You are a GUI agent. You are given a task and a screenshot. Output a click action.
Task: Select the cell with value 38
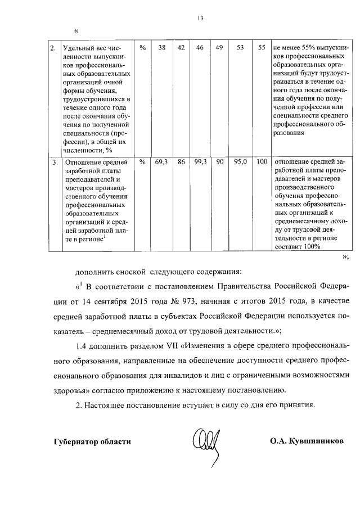[161, 48]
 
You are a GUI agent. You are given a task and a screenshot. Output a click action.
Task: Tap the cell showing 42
[181, 48]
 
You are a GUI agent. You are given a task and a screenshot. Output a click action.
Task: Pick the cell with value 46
[199, 48]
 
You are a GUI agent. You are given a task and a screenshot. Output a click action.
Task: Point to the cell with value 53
[240, 48]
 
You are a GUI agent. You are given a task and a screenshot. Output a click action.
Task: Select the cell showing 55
[261, 48]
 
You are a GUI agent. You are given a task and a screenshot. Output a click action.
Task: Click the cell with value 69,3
[161, 162]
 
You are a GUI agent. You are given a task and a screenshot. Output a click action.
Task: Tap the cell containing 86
[181, 162]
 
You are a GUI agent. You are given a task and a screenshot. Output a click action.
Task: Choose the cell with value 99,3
[200, 162]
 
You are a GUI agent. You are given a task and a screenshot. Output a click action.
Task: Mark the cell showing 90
[219, 162]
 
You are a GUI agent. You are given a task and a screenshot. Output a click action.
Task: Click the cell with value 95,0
[240, 162]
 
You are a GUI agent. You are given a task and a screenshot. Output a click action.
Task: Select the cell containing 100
[261, 162]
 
